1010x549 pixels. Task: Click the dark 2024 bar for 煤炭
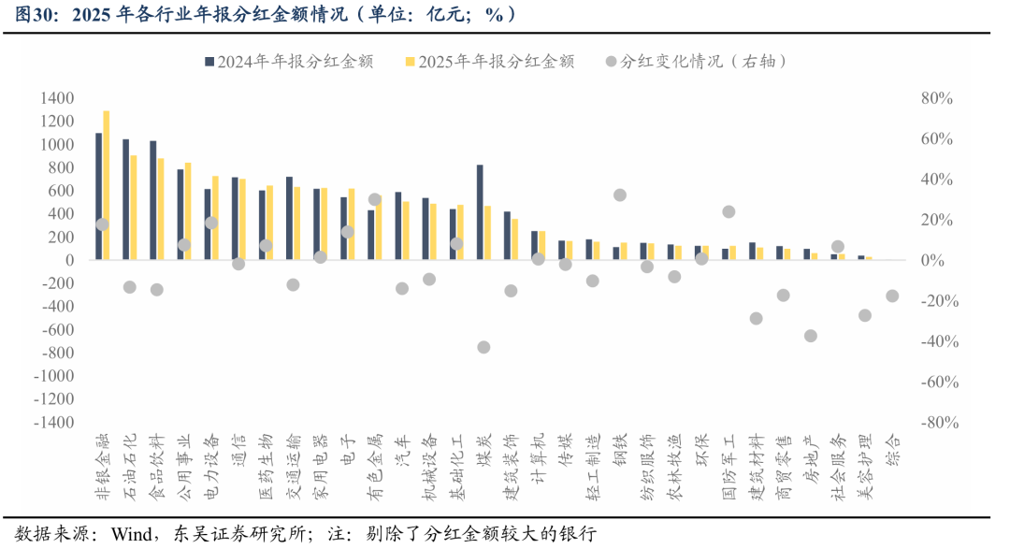[480, 212]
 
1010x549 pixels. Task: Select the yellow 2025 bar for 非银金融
[107, 185]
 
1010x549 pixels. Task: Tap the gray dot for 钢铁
[620, 195]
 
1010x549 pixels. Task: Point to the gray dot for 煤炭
[483, 347]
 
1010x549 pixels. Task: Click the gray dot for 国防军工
[729, 212]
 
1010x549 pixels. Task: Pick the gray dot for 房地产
[810, 336]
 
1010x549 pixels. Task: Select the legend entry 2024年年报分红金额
[289, 62]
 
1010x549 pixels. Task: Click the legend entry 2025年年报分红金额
[489, 62]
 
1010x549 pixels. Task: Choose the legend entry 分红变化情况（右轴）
[696, 62]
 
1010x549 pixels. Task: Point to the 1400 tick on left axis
[57, 98]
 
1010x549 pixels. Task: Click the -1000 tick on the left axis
[54, 376]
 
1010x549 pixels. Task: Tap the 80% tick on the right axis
[936, 98]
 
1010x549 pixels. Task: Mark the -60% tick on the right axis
[940, 383]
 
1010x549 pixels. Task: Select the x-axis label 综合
[892, 450]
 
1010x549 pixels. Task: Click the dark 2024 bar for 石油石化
[125, 200]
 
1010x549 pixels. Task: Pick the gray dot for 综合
[892, 296]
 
